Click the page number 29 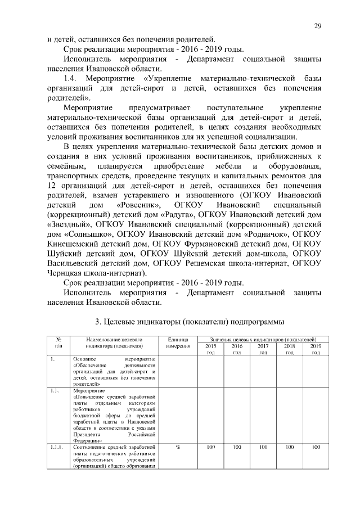[x=317, y=27]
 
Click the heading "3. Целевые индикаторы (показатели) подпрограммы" [x=184, y=322]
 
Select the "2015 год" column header [x=210, y=349]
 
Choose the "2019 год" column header [x=316, y=349]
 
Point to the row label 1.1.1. [x=56, y=448]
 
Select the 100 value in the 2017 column [x=263, y=448]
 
